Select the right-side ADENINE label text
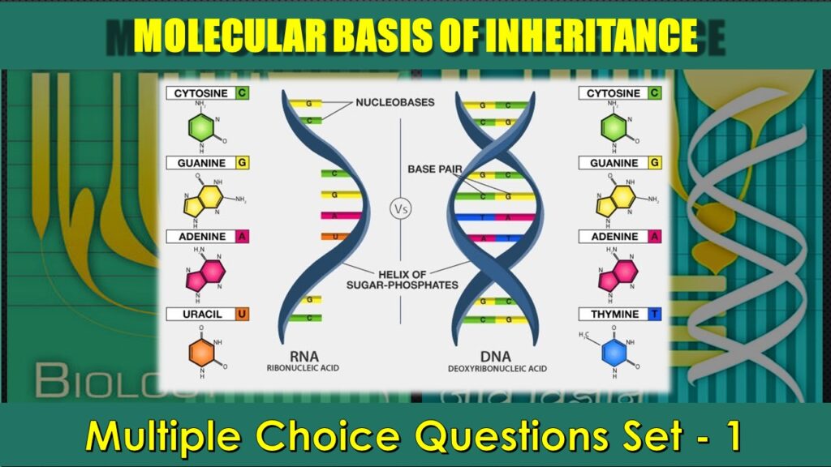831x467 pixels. click(x=614, y=237)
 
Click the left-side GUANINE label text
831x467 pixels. click(x=202, y=163)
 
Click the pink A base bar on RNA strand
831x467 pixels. click(x=340, y=216)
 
